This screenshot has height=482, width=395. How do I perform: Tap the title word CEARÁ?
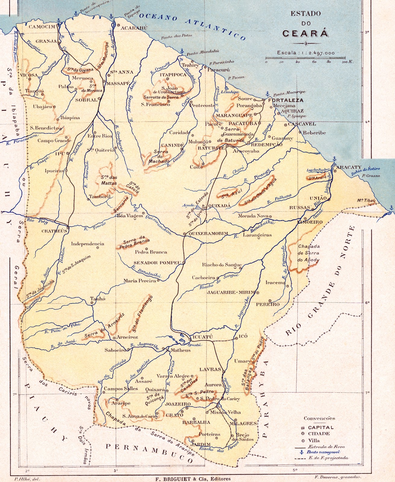pyautogui.click(x=305, y=33)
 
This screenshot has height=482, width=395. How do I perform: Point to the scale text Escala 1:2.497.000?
pyautogui.click(x=306, y=53)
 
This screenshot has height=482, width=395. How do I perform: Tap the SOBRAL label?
pyautogui.click(x=86, y=100)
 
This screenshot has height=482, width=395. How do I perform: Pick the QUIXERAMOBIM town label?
pyautogui.click(x=208, y=233)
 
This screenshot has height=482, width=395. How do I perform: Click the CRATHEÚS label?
pyautogui.click(x=54, y=231)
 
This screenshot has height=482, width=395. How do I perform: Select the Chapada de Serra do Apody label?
pyautogui.click(x=309, y=253)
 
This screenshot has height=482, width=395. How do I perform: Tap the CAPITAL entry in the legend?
pyautogui.click(x=321, y=427)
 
